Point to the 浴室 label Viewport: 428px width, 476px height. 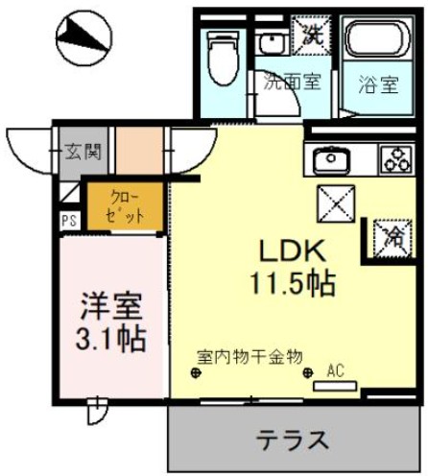pos(377,83)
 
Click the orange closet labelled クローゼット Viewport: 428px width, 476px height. pos(124,206)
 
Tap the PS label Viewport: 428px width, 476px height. pos(69,220)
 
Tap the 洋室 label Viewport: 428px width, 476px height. pos(110,310)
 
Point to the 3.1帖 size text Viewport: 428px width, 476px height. pos(110,341)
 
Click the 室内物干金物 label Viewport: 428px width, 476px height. pos(250,356)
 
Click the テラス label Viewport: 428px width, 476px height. pos(293,440)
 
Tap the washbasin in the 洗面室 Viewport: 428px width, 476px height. pos(272,45)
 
